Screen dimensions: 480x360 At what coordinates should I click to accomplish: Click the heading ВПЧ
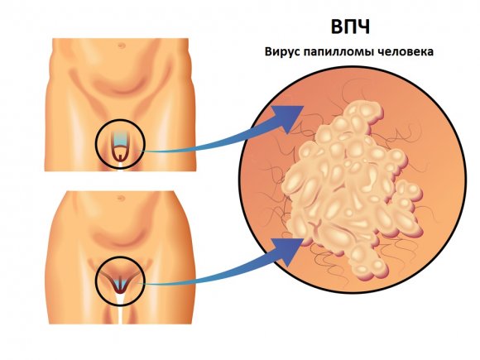pyautogui.click(x=350, y=27)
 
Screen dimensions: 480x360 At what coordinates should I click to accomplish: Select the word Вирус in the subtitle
pyautogui.click(x=282, y=51)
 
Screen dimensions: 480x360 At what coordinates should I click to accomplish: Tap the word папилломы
pyautogui.click(x=340, y=51)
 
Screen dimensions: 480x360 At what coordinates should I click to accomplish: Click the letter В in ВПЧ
pyautogui.click(x=336, y=27)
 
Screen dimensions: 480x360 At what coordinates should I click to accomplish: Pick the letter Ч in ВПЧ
pyautogui.click(x=364, y=27)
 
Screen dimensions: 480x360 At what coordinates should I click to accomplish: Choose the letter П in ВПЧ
pyautogui.click(x=350, y=27)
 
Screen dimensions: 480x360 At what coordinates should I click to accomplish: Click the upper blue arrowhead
pyautogui.click(x=288, y=118)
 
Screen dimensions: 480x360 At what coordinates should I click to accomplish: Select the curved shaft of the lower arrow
pyautogui.click(x=214, y=277)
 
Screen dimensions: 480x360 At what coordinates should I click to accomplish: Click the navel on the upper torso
pyautogui.click(x=122, y=46)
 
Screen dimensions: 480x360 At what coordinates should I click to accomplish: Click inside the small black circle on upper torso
pyautogui.click(x=120, y=144)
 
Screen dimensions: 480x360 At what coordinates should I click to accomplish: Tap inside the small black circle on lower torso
pyautogui.click(x=120, y=281)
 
